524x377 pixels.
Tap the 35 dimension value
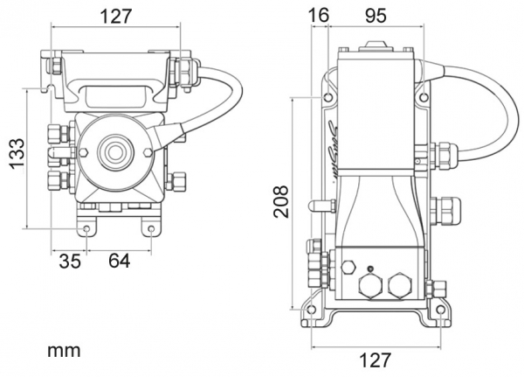(70, 261)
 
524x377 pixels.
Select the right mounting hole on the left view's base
(152, 230)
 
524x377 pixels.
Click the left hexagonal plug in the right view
(369, 284)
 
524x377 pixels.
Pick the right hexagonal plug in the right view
(399, 284)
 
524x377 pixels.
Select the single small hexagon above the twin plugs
(350, 265)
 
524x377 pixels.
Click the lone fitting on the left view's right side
(178, 182)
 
